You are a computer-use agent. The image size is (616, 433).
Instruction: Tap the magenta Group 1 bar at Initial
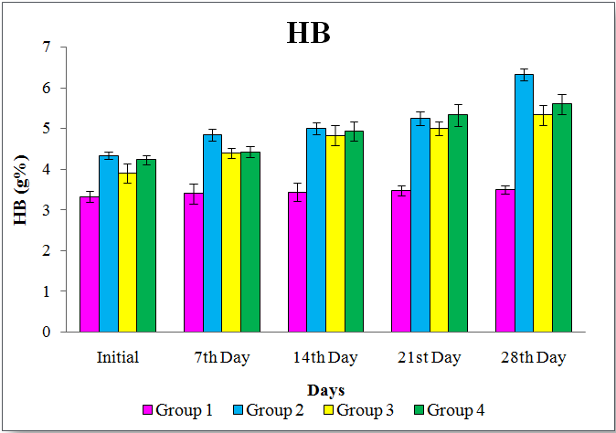coord(90,264)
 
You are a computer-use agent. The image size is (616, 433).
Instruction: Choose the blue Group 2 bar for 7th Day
coord(212,233)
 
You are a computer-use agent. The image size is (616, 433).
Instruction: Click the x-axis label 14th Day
coord(326,357)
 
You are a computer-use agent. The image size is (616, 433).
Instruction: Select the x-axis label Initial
coord(118,357)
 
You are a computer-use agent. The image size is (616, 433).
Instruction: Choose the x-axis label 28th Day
coord(535,357)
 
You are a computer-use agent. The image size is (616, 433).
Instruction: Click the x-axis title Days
coord(326,390)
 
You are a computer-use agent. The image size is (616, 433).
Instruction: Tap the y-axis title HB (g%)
coord(20,189)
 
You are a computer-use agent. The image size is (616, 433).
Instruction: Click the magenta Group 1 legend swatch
coord(146,411)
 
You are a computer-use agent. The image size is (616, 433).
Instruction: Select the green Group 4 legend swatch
coord(419,411)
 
